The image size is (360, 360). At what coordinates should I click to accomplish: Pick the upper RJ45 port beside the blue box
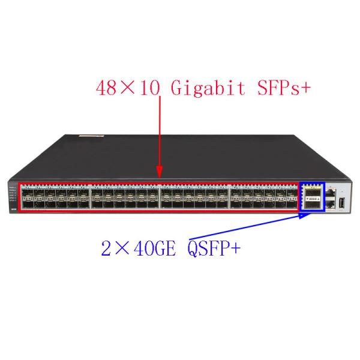[330, 193]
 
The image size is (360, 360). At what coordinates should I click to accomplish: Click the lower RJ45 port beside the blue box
[330, 205]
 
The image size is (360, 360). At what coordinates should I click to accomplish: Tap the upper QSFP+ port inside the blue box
[311, 192]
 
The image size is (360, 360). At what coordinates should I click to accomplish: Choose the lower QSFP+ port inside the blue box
[311, 205]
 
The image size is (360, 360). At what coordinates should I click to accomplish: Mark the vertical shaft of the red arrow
[159, 132]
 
